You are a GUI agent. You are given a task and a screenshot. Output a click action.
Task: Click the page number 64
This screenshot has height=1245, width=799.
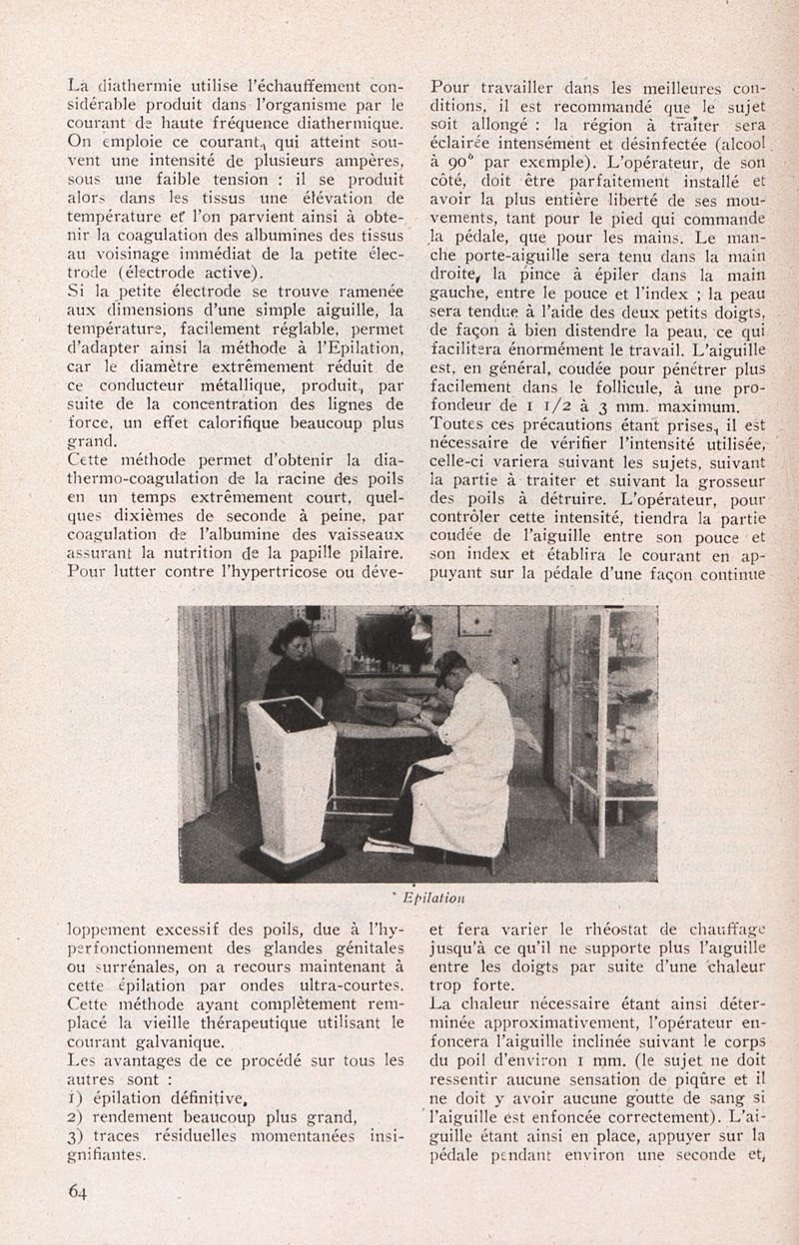click(x=78, y=1190)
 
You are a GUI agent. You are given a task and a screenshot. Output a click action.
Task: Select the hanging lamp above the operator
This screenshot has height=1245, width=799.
click(x=420, y=628)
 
